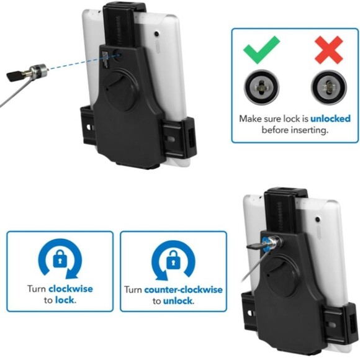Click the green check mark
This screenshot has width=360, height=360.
[261, 50]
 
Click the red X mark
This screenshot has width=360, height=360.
[328, 50]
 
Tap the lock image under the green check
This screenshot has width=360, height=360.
[261, 86]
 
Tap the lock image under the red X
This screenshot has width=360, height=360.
[328, 86]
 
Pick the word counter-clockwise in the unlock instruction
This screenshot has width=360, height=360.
[182, 289]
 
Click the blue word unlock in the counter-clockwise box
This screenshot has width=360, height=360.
[178, 301]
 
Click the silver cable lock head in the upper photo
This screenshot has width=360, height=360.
[39, 71]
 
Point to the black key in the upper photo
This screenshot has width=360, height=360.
[15, 76]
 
